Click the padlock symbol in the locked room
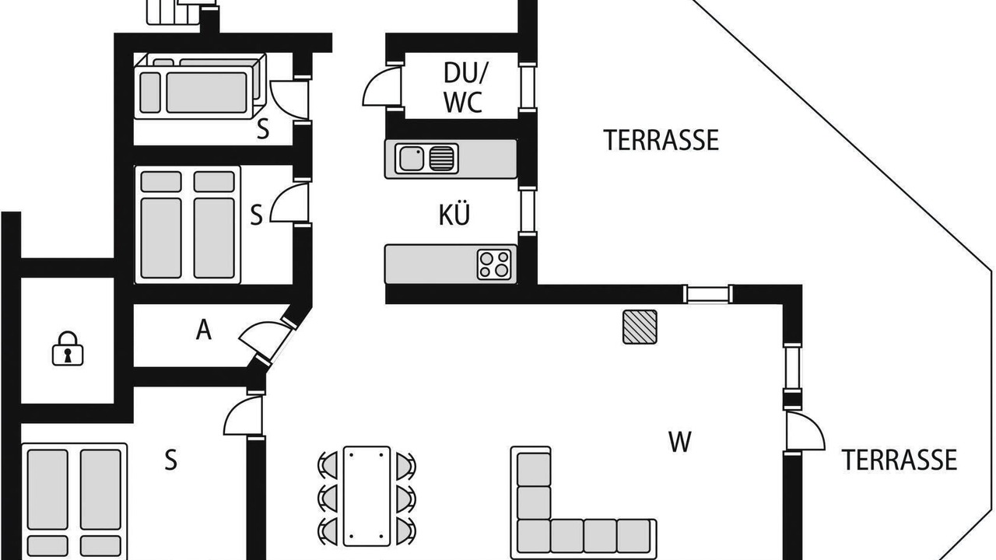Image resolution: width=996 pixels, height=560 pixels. (x=68, y=349)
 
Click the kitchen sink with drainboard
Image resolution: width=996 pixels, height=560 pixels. (x=426, y=158)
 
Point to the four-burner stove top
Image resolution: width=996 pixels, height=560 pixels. (x=494, y=264)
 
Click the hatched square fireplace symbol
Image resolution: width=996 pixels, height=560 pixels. (x=640, y=327)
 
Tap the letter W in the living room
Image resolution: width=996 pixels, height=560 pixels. (x=680, y=442)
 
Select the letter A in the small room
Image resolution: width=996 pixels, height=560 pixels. (x=204, y=330)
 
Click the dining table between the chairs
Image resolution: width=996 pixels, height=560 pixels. (x=366, y=496)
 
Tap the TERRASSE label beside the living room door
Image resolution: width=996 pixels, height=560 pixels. (x=900, y=460)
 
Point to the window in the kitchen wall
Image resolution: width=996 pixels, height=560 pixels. (x=528, y=211)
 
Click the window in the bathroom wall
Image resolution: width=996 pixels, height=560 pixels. (x=528, y=86)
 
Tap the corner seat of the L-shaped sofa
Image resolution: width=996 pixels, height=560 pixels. (x=534, y=537)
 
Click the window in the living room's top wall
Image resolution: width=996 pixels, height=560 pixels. (x=708, y=294)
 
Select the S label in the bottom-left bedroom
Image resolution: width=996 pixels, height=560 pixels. (x=170, y=460)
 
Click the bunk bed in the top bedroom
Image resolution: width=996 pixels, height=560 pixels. (x=200, y=86)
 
